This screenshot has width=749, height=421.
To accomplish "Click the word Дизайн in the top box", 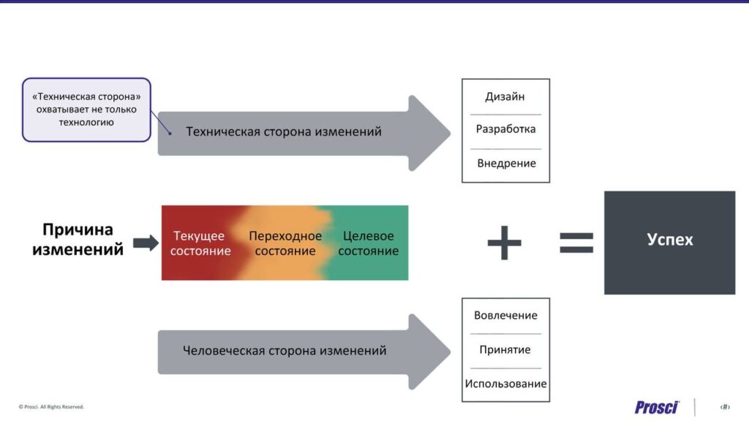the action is pos(505,97).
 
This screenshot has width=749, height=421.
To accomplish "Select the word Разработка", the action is pos(506,129).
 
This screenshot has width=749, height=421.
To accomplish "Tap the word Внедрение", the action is pos(506,163).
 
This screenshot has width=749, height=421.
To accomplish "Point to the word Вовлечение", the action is pos(505,316).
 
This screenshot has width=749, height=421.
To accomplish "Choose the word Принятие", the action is pos(505,350).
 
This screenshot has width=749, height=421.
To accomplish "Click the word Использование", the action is pos(506,384).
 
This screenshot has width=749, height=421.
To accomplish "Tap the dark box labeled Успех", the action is pos(670,243).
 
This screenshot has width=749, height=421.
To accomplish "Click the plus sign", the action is pos(505,243).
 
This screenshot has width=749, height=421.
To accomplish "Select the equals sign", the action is pos(576,243).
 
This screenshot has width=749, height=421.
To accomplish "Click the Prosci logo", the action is pos(657,407).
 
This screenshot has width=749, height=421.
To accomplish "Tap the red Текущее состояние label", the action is pos(200,243).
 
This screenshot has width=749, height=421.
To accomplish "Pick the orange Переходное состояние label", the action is pos(285,243).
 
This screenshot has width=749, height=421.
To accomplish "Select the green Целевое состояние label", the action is pos(369,243).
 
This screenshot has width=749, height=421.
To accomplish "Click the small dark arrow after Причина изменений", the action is pos(146,243).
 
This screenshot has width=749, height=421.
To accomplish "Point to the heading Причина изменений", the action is pos(78,239).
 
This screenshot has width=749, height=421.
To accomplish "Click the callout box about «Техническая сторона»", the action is pos(86,110).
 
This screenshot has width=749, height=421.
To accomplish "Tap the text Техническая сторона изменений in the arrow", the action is pos(284,132).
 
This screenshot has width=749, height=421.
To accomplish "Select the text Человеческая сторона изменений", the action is pos(285,351).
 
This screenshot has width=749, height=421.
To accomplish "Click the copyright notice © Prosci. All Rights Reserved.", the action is pos(51,407).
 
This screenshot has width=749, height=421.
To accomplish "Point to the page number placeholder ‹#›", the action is pos(725,407).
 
